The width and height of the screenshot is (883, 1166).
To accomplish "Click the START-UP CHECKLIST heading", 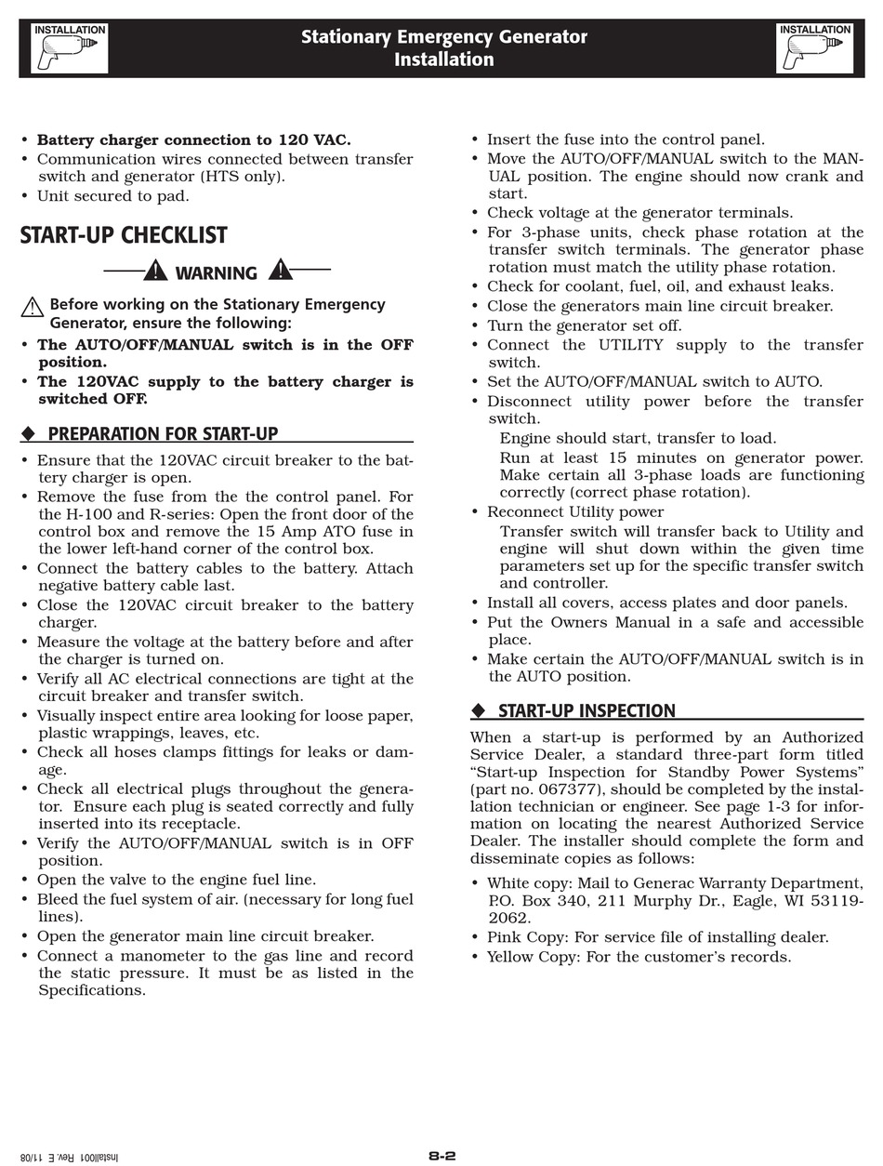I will pos(124,236).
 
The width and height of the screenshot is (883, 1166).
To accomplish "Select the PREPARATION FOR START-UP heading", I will pos(163,433).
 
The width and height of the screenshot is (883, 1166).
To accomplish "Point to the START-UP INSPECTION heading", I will pos(586,711).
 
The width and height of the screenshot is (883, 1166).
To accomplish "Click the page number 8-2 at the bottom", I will pos(442,1156).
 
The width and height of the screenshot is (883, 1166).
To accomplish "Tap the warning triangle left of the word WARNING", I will pos(155,271).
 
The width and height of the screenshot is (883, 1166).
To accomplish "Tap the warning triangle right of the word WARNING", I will pos(280,270).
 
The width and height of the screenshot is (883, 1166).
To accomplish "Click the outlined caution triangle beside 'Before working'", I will pos(33,307).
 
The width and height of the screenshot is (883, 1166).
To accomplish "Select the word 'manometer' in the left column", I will pos(148,956).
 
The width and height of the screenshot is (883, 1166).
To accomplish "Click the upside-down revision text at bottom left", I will pos(71,1157).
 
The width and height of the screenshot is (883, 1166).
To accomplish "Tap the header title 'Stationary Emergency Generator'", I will pos(443,37).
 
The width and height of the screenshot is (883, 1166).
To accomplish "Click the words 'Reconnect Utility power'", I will pos(575,512).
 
